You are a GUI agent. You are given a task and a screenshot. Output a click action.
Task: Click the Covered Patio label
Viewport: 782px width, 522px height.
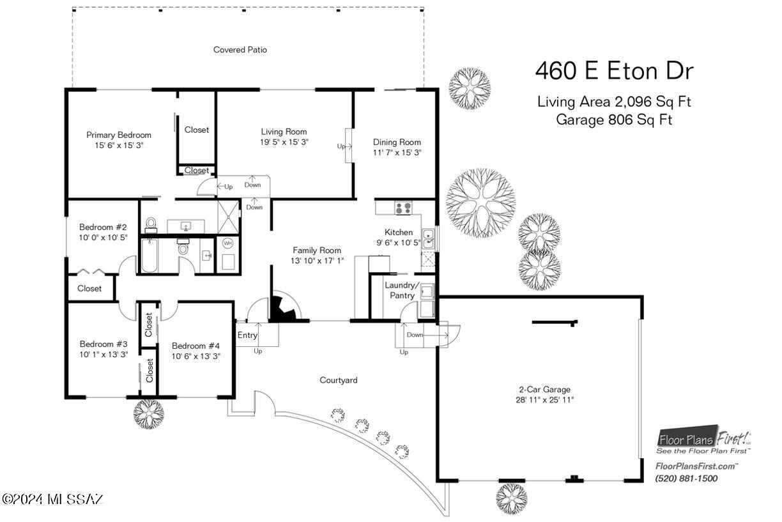click(x=240, y=50)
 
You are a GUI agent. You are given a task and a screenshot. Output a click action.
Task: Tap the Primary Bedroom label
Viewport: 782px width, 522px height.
click(x=119, y=135)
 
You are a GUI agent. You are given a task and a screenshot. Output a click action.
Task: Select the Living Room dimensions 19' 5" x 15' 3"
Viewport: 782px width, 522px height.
click(x=284, y=142)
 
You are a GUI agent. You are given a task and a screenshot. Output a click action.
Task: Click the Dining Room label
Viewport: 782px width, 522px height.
click(x=397, y=142)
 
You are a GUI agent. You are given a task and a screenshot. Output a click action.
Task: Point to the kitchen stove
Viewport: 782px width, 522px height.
click(x=403, y=208)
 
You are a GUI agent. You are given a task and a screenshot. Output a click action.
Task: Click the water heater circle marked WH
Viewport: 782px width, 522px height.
click(x=227, y=243)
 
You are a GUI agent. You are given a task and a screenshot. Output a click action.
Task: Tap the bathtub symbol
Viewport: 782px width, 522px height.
click(x=149, y=255)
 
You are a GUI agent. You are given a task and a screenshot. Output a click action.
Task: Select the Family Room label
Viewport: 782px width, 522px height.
click(x=317, y=250)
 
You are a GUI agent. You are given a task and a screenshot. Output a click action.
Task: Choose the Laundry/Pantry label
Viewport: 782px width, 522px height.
click(x=402, y=290)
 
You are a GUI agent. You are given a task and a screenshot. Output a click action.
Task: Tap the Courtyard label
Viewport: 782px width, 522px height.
click(x=338, y=380)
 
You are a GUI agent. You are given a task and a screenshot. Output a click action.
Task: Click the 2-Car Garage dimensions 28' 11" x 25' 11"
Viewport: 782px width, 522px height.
click(x=544, y=400)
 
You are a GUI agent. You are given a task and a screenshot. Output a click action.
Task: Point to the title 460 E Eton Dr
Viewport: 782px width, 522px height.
click(x=614, y=71)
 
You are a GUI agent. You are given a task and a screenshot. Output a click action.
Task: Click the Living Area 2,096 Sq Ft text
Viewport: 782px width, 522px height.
click(x=614, y=102)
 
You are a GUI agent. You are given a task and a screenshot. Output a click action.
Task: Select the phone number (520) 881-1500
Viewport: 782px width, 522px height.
click(x=686, y=479)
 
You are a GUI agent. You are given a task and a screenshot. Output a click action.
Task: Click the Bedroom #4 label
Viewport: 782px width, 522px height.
click(x=196, y=346)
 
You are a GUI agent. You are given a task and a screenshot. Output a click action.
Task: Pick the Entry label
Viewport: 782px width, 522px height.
click(x=247, y=335)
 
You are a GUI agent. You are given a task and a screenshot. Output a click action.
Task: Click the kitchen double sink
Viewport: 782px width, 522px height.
click(x=428, y=238)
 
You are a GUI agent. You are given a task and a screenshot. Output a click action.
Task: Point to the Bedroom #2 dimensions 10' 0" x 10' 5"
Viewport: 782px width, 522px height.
click(x=103, y=238)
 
